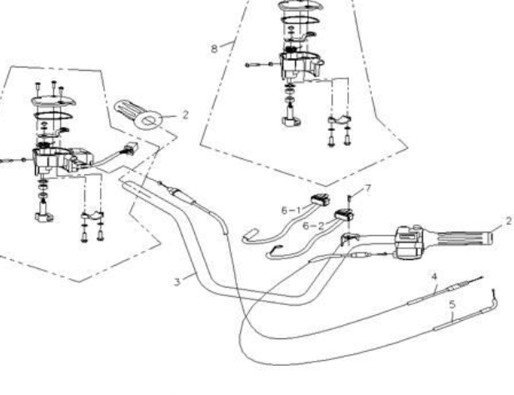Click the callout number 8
[214, 49]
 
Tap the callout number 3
[177, 282]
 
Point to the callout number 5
[452, 304]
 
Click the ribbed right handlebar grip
[454, 238]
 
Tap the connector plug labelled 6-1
[318, 201]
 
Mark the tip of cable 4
[482, 279]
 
